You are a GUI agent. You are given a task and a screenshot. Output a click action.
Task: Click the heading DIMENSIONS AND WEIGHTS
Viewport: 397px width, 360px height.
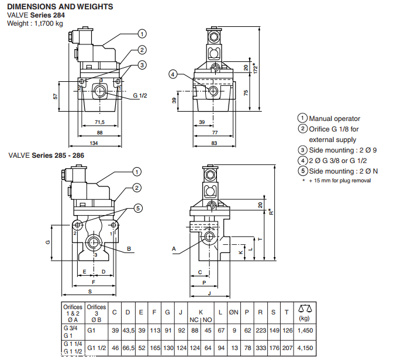coord(60,6)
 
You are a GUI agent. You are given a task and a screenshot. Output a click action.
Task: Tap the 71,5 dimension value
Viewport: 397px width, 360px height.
coord(99,122)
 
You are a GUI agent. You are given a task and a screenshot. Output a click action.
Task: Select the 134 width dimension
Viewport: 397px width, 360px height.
coord(94,143)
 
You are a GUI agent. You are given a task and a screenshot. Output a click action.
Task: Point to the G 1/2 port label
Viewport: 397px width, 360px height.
coord(140,96)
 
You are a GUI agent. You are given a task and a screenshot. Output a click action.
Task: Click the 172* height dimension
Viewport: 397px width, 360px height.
coord(256,68)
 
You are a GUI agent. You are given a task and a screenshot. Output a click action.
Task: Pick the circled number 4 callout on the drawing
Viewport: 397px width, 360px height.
coord(173,74)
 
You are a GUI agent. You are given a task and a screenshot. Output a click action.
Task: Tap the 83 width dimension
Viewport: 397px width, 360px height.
coord(214,143)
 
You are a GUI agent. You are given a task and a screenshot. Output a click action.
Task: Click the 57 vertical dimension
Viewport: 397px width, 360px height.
coord(56,96)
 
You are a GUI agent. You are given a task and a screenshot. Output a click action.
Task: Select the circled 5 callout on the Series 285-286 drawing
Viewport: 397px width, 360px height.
coord(138,208)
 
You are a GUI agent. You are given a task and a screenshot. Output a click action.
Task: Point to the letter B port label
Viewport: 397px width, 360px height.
coord(129,249)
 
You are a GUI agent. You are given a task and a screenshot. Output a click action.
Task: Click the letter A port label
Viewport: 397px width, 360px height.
coord(174,249)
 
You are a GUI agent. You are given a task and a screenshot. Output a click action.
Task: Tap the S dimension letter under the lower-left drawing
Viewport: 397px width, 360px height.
coord(90,292)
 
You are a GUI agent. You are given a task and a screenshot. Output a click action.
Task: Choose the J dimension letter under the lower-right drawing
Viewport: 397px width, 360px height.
coord(209,293)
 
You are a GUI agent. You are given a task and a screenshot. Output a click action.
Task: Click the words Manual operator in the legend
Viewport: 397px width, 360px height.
coord(334,119)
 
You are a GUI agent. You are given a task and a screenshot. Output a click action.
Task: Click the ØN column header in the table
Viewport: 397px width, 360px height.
coord(234,313)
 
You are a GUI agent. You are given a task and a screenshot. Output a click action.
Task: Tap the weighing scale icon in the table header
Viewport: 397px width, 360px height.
coord(305,309)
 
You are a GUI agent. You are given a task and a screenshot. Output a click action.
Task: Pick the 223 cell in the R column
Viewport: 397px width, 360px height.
coord(261,330)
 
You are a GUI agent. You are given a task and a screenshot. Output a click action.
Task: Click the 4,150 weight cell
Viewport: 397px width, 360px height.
coord(305,348)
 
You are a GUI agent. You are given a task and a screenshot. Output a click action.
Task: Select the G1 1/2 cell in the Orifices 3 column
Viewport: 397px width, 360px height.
coord(96,348)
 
